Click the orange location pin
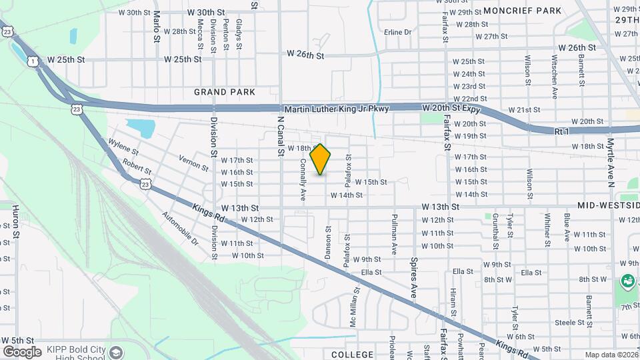tap(321, 159)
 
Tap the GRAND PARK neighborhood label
tap(225, 92)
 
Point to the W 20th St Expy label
tap(451, 107)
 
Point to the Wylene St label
tap(123, 147)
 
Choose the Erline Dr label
tap(398, 32)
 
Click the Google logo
tap(22, 351)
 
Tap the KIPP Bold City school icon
tap(117, 352)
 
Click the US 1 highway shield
tap(33, 61)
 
